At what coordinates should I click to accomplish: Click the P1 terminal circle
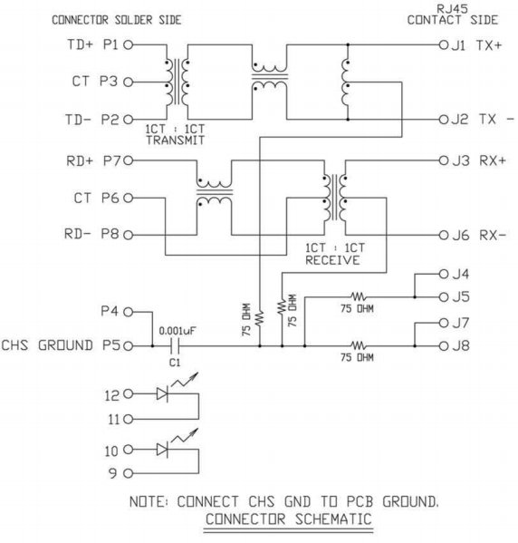129,44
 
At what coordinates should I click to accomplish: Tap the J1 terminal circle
443,44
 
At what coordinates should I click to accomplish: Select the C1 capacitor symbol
175,345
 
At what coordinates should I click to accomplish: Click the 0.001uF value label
177,331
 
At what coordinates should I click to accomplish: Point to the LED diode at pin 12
162,393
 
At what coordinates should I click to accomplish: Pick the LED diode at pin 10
162,450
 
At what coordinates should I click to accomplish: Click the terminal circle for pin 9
129,473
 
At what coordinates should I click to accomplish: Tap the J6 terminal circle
443,235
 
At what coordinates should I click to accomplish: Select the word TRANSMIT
176,141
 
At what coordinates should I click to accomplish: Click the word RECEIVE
332,260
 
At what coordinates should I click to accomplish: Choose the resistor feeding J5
358,296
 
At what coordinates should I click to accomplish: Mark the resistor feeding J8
358,345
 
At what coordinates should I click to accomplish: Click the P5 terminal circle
129,345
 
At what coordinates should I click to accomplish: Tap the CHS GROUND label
47,345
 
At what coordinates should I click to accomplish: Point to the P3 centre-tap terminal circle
129,82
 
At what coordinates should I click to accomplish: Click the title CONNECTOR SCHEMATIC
289,519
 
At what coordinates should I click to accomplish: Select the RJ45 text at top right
452,8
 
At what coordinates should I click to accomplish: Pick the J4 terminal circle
443,275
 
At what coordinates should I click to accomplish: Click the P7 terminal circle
129,160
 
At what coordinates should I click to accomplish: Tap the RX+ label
493,160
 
